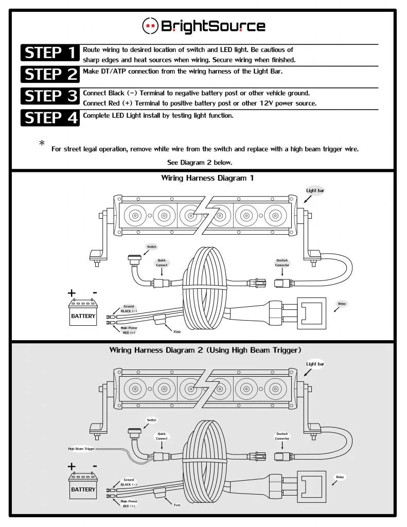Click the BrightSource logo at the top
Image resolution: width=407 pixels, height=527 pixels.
point(204,25)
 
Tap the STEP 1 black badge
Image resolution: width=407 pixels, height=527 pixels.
point(50,53)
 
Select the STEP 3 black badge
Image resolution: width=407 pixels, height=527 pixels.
point(50,97)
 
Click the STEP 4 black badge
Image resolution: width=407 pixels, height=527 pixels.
point(50,118)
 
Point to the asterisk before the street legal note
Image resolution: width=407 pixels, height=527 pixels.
point(42,143)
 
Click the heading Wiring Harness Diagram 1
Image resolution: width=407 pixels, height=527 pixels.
point(207,178)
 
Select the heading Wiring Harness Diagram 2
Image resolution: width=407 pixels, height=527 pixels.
point(205,350)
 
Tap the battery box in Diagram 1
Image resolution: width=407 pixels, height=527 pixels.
point(83,313)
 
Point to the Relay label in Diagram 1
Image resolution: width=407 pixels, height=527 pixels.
point(342,304)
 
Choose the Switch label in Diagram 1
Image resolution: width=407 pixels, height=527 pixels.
point(151,247)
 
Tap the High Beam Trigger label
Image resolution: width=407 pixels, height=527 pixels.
point(81,448)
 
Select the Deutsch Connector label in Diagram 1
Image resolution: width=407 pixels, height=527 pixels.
point(282,262)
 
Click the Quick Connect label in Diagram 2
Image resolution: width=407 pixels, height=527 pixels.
point(162,436)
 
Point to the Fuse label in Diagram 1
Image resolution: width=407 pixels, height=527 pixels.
point(177,331)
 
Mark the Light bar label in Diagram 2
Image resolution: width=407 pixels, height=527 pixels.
point(315,364)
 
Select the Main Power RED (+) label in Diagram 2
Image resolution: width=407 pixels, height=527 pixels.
point(129,503)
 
